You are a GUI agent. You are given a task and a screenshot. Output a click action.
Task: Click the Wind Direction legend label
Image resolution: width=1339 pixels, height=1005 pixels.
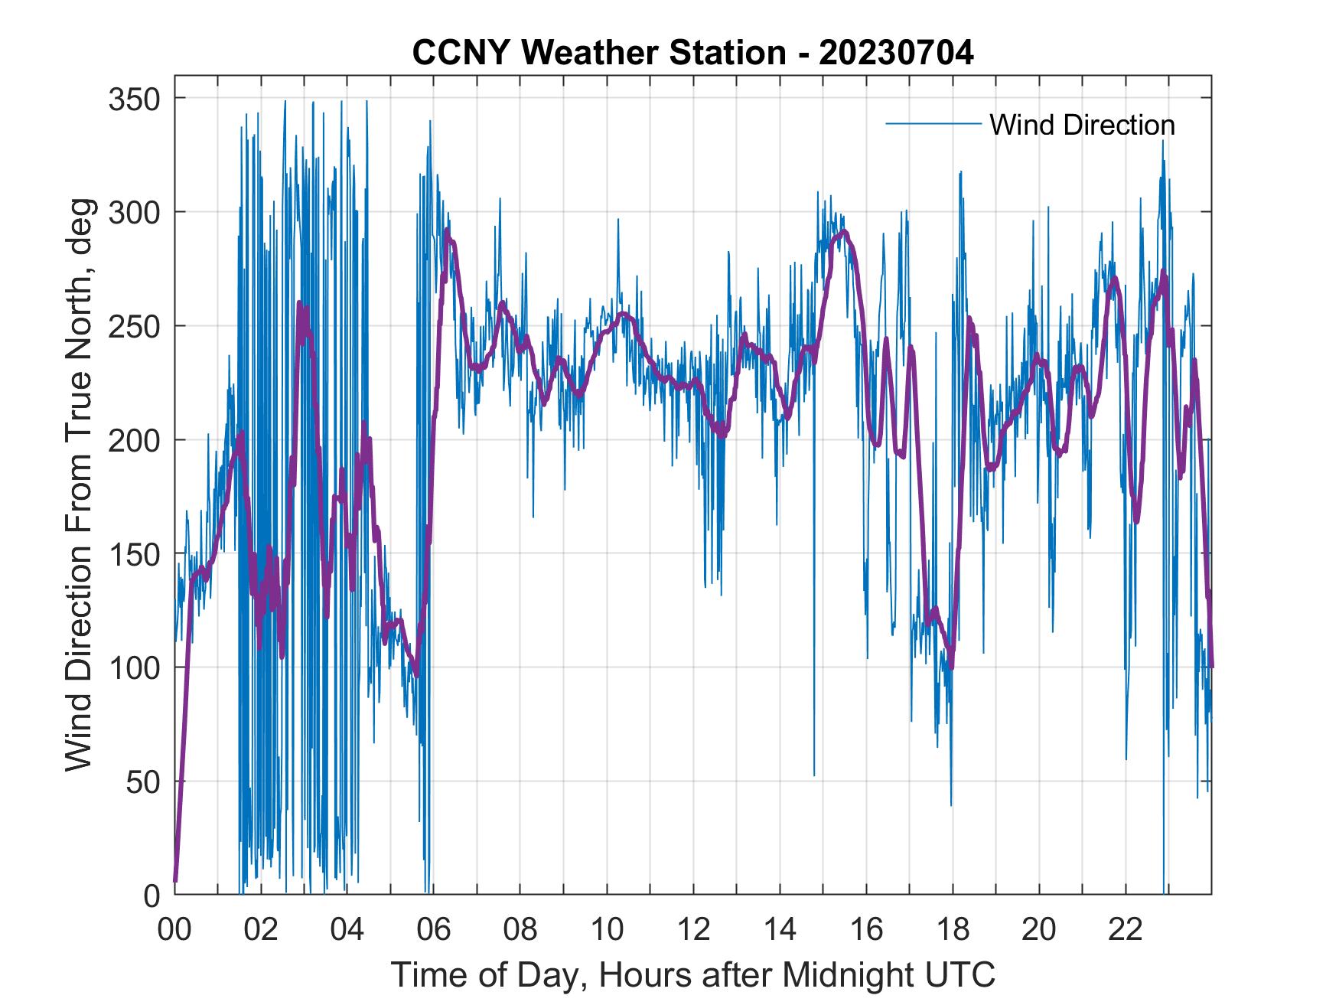pyautogui.click(x=1082, y=125)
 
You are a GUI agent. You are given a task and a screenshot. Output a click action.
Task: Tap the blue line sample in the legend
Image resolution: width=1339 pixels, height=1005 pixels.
pyautogui.click(x=933, y=123)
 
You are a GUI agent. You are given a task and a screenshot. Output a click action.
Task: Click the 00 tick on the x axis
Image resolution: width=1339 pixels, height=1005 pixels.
pyautogui.click(x=174, y=930)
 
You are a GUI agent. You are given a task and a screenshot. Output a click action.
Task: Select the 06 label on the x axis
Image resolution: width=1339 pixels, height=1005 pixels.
pyautogui.click(x=434, y=930)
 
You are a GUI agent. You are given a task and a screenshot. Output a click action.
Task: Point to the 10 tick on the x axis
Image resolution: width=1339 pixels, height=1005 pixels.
pyautogui.click(x=607, y=930)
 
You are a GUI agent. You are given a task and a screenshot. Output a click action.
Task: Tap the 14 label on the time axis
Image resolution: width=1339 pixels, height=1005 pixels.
pyautogui.click(x=780, y=930)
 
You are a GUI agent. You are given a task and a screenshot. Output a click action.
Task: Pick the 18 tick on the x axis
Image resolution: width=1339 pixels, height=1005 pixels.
pyautogui.click(x=953, y=930)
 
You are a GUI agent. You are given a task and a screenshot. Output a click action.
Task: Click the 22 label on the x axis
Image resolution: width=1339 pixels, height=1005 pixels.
pyautogui.click(x=1126, y=930)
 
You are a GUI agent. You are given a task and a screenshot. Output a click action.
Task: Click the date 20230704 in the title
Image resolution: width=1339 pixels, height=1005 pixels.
pyautogui.click(x=896, y=53)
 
